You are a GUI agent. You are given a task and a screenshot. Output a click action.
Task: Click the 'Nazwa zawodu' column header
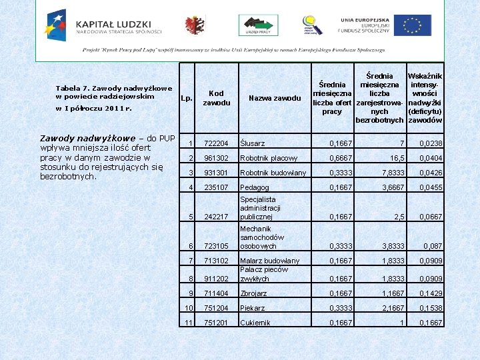pos(275,98)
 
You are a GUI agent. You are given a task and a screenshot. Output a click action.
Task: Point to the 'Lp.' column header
pos(187,99)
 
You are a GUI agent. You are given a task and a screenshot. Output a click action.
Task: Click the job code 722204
pos(216,143)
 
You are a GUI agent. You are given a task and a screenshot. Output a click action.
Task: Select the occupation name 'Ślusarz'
pos(253,143)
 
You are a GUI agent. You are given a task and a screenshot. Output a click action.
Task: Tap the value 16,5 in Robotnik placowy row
pos(397,159)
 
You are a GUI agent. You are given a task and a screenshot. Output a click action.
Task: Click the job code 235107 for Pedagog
pos(216,188)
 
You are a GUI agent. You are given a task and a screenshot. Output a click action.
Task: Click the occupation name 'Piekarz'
pos(253,309)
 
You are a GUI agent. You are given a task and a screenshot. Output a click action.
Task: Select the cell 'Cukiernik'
pos(255,323)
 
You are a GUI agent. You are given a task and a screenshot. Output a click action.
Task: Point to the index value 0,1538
pos(431,309)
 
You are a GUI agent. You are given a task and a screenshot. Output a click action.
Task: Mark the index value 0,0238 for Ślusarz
pos(431,143)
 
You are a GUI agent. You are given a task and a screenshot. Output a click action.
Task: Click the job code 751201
pos(216,323)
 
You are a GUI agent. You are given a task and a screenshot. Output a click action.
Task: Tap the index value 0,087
pos(433,246)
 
